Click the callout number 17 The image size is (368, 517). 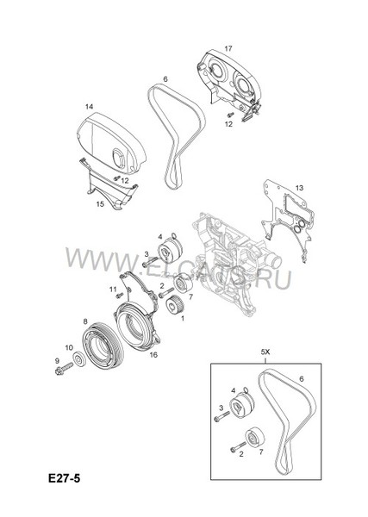point(228,47)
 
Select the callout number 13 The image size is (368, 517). point(299,187)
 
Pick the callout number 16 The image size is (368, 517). point(153,354)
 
